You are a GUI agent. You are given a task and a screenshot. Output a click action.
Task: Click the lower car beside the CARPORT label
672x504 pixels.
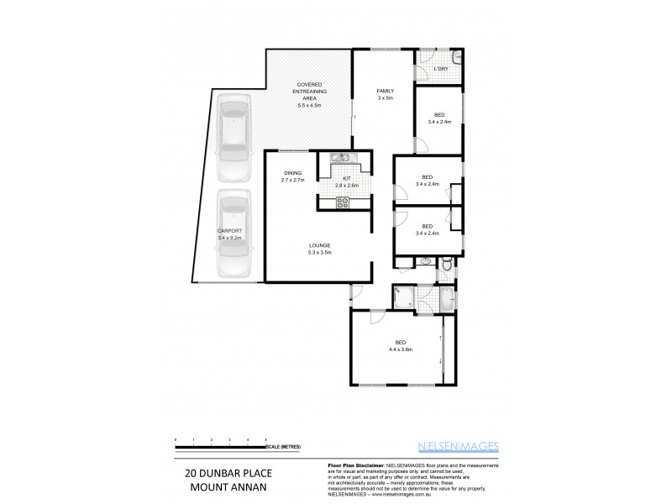233,234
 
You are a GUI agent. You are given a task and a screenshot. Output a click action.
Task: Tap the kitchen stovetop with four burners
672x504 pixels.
343,201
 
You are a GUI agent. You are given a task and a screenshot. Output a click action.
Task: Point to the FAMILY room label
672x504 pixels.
385,91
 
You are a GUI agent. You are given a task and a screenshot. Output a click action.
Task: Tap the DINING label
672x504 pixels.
291,173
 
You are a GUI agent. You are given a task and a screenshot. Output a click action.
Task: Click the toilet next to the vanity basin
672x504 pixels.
448,265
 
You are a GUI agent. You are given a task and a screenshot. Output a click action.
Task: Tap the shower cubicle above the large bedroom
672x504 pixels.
404,297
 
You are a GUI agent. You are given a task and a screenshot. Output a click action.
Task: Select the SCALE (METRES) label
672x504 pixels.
285,446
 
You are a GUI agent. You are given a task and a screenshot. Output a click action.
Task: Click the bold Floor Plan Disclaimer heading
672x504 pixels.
353,465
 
